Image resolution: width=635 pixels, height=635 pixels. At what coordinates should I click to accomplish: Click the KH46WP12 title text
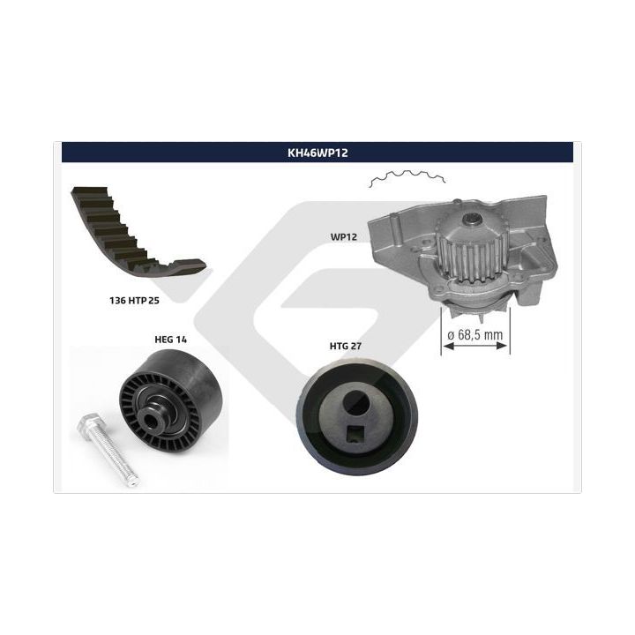tap(317, 153)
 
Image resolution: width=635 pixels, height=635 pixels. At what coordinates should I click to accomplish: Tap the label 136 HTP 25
tap(134, 301)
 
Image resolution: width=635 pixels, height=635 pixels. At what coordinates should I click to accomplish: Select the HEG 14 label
tap(170, 340)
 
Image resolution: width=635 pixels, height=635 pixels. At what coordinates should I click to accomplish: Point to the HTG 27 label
tap(345, 346)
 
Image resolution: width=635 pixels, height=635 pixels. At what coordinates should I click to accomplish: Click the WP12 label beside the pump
tap(343, 237)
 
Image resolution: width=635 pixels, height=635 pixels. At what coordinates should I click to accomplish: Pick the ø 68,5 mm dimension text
tap(475, 335)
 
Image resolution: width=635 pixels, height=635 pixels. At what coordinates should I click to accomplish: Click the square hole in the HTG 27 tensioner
tap(356, 436)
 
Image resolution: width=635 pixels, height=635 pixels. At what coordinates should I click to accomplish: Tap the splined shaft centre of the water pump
tap(473, 220)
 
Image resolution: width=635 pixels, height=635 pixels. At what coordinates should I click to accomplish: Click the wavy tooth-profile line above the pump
tap(407, 178)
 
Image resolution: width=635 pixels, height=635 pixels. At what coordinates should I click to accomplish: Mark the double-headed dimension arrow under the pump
tap(475, 346)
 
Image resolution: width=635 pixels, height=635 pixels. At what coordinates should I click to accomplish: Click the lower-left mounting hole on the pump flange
tap(436, 291)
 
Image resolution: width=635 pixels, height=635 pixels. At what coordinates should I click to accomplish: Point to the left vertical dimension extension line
tap(441, 331)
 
